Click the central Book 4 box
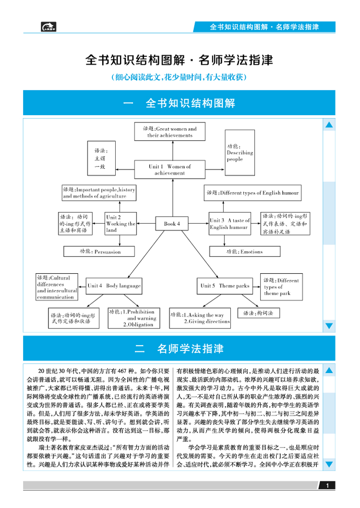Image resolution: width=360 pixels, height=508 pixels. click(172, 224)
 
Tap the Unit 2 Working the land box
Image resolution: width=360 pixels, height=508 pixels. click(120, 224)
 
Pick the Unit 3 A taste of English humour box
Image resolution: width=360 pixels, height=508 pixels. click(229, 224)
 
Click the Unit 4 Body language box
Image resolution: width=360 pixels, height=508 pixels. click(114, 286)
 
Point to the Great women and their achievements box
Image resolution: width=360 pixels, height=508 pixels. click(169, 132)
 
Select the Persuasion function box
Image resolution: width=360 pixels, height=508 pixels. click(99, 251)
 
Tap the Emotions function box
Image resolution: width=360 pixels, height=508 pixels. click(244, 251)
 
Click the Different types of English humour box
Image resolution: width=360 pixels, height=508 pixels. click(252, 193)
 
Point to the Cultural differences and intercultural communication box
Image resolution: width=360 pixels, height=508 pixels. click(57, 287)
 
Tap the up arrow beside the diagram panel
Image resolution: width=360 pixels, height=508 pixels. click(329, 126)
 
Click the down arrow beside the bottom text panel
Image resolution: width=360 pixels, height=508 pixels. click(329, 464)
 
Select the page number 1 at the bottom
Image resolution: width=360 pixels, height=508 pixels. click(327, 486)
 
